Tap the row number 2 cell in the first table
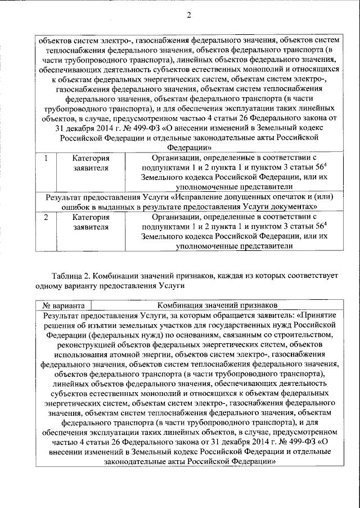(x=46, y=217)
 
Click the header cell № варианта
(x=60, y=305)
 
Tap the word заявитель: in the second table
(x=273, y=315)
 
